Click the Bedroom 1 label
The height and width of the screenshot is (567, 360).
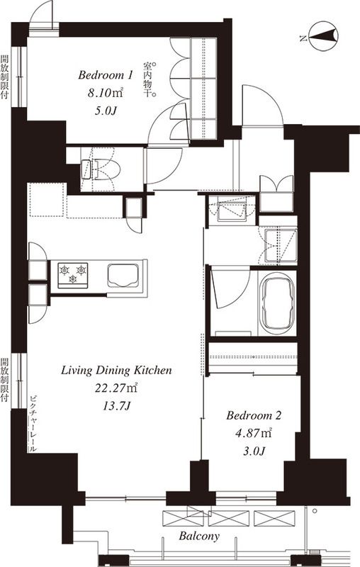105,75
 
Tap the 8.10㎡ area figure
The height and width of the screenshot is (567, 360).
105,93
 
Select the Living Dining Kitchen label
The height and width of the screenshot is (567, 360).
116,371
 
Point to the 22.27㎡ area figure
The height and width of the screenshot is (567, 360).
116,388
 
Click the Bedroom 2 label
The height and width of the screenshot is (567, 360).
254,415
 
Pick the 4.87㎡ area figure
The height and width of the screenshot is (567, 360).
254,433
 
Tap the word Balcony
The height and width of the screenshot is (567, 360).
199,536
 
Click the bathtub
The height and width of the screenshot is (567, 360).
277,303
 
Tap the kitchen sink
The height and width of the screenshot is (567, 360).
123,275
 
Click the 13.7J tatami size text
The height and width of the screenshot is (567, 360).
116,405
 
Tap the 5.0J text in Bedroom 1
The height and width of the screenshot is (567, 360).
106,111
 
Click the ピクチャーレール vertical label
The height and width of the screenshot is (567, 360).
33,424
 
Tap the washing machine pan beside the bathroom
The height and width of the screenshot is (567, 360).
280,245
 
